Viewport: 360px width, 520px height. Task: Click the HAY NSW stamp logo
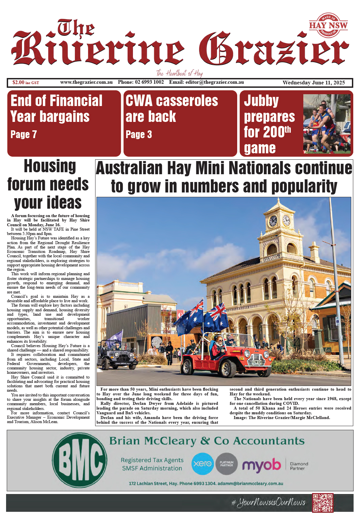click(x=328, y=25)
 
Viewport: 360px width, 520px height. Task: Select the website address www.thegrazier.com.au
click(x=86, y=82)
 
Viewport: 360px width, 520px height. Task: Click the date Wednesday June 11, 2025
click(x=313, y=82)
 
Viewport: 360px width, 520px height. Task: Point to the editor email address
click(x=214, y=82)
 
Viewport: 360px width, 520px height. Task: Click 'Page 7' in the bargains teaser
click(x=24, y=134)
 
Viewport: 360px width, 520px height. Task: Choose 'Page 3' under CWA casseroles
click(x=139, y=135)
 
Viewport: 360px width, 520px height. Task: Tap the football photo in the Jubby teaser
click(x=327, y=124)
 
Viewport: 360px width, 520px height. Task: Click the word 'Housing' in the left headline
click(x=50, y=166)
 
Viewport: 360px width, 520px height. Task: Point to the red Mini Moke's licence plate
click(x=257, y=362)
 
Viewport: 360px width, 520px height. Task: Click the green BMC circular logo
click(x=80, y=460)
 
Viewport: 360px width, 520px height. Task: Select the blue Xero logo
click(x=202, y=464)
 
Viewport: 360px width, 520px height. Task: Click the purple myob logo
click(x=261, y=465)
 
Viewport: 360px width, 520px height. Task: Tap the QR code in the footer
click(x=323, y=503)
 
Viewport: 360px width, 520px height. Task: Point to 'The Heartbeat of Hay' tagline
click(x=179, y=73)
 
